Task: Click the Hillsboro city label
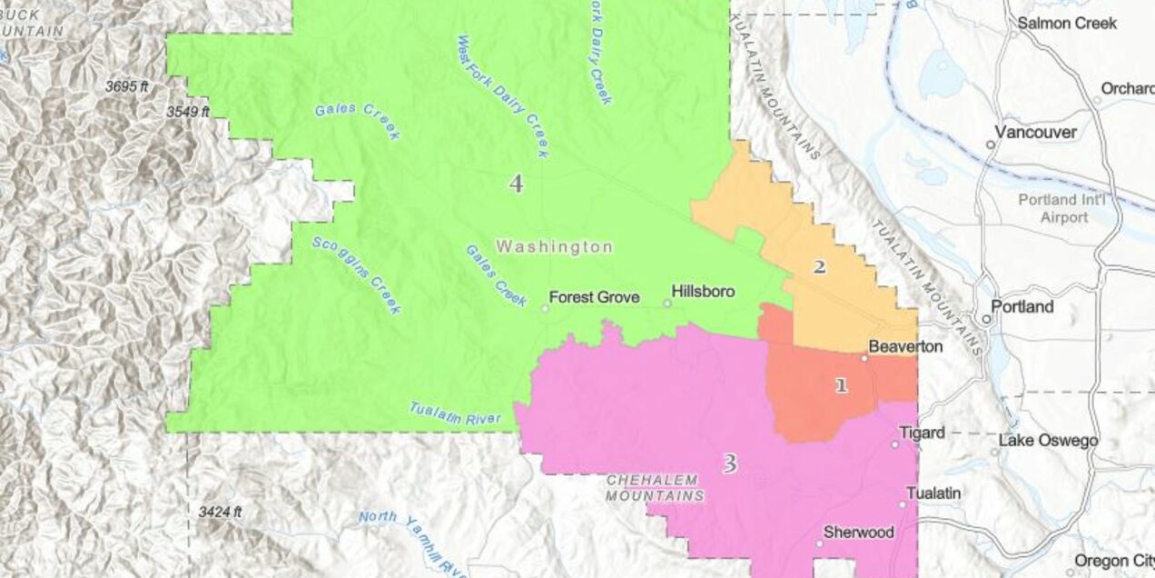[x=703, y=292]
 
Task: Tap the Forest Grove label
[x=594, y=297]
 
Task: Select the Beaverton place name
[x=905, y=346]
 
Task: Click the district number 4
[x=516, y=184]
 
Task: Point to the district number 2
[x=819, y=267]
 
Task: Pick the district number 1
[x=841, y=385]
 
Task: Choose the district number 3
[x=729, y=464]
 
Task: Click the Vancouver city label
[x=1035, y=133]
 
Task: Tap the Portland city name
[x=1022, y=306]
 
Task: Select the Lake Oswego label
[x=1048, y=442]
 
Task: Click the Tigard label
[x=922, y=433]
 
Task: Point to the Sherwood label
[x=858, y=533]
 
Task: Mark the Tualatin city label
[x=935, y=493]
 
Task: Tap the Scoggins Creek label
[x=356, y=275]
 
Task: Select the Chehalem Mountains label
[x=654, y=488]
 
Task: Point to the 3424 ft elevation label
[x=220, y=512]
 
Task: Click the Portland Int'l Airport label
[x=1052, y=209]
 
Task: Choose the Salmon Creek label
[x=1067, y=24]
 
